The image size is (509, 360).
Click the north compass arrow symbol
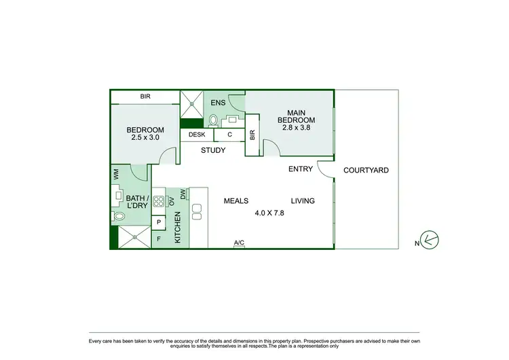click(x=429, y=239)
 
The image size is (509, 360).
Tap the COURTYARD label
click(x=366, y=170)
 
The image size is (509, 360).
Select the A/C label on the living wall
click(x=238, y=242)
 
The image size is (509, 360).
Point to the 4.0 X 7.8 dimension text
click(x=269, y=213)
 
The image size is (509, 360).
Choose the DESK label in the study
click(x=197, y=134)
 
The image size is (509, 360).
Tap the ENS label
click(x=218, y=103)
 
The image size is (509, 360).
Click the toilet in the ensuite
click(x=213, y=121)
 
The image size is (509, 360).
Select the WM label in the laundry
click(x=116, y=175)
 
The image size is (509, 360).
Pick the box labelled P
click(x=159, y=221)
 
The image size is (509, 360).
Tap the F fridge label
click(x=159, y=238)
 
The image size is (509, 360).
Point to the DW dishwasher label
click(x=183, y=194)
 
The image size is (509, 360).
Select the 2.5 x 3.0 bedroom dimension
click(x=145, y=138)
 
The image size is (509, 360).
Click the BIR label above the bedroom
click(x=145, y=97)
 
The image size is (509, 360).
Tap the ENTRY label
click(x=301, y=169)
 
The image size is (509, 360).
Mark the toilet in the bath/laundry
click(x=119, y=216)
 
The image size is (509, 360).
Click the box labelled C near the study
click(x=230, y=134)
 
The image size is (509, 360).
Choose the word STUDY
click(x=213, y=151)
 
